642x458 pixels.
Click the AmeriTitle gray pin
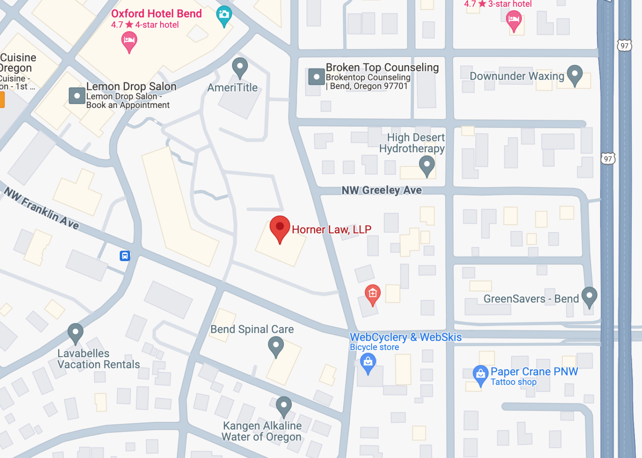[x=240, y=67]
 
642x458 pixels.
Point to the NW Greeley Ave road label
[x=382, y=190]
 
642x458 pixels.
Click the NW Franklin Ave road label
[x=41, y=208]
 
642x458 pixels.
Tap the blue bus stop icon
[x=125, y=256]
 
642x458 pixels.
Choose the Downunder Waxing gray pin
[x=575, y=74]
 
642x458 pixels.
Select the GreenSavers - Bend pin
[x=589, y=296]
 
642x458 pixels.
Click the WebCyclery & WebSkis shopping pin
[x=368, y=362]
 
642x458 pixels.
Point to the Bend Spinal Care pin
[x=276, y=346]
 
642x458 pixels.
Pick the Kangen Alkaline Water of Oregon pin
[x=284, y=405]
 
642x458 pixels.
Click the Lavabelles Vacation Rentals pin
[x=76, y=333]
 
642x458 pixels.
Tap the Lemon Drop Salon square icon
[x=77, y=96]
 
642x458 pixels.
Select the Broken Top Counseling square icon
[x=316, y=77]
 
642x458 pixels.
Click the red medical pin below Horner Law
[x=372, y=294]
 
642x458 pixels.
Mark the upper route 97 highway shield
[x=624, y=46]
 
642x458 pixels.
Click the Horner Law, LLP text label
[x=331, y=230]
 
